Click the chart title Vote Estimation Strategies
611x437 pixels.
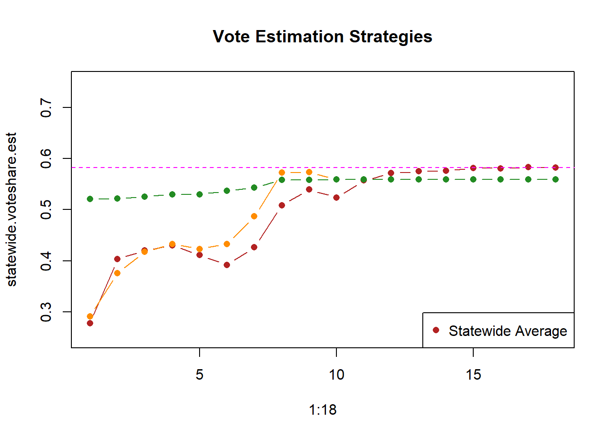322,36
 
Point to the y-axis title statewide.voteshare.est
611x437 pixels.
11,209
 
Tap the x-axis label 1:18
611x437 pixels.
322,410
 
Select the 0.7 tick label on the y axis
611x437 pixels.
46,107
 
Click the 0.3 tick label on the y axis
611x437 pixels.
46,312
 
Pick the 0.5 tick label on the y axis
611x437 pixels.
46,209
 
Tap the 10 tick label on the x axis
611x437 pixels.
336,375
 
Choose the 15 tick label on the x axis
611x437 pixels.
473,375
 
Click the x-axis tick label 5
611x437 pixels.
200,375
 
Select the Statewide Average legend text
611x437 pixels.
508,331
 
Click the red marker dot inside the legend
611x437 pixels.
436,330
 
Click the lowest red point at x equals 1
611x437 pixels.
90,323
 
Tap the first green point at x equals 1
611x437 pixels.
90,199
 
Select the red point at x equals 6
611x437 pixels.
227,265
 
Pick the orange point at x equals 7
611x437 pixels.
254,216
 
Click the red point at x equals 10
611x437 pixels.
336,198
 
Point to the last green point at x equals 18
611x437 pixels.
556,179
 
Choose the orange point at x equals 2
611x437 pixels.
117,273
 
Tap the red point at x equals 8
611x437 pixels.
282,205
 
